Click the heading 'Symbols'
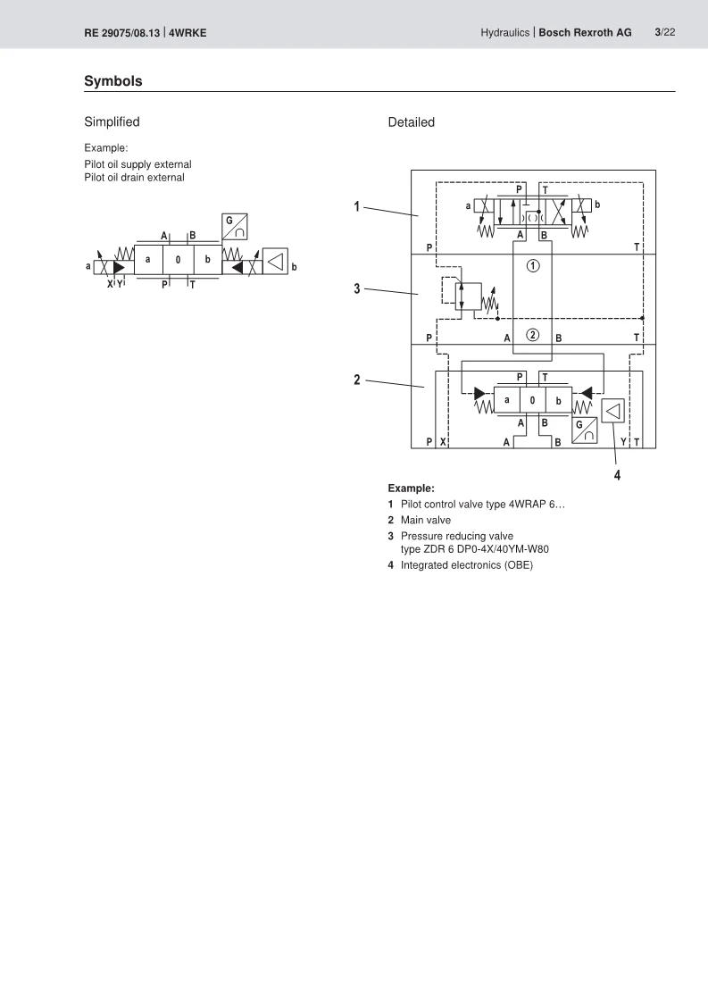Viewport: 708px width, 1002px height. click(x=113, y=81)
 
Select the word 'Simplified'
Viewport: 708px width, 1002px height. click(x=112, y=121)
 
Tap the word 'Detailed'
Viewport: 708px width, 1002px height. click(x=411, y=122)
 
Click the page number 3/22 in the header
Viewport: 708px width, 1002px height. click(x=664, y=32)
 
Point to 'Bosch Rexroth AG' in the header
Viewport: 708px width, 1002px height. click(x=585, y=32)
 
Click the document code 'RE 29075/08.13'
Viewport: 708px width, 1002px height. click(x=122, y=32)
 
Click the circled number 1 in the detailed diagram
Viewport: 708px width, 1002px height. click(x=533, y=265)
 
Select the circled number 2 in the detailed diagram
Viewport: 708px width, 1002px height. click(x=533, y=335)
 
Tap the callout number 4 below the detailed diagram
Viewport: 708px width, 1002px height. click(x=617, y=475)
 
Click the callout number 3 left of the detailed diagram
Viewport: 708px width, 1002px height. click(x=357, y=288)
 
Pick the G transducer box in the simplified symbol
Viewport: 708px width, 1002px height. click(x=235, y=227)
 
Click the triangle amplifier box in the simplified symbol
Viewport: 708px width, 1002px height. click(x=275, y=262)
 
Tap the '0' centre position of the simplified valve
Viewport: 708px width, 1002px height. click(x=179, y=260)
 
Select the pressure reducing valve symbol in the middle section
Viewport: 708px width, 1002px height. click(x=469, y=296)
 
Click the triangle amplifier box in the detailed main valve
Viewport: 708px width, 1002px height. click(x=612, y=411)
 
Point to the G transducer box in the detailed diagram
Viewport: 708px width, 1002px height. click(x=584, y=430)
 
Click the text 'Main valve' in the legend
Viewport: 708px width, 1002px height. click(x=426, y=520)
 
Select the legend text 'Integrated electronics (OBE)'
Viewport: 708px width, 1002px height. click(x=466, y=565)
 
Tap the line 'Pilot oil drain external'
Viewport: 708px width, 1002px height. click(x=134, y=178)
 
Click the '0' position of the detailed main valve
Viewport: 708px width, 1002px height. click(x=532, y=400)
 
